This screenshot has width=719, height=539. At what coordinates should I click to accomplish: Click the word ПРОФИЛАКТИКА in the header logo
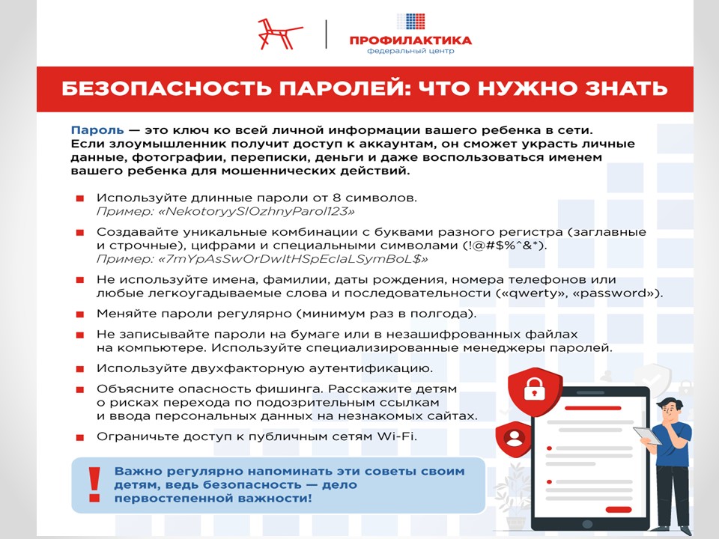(410, 40)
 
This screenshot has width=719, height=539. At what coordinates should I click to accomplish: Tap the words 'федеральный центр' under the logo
(410, 52)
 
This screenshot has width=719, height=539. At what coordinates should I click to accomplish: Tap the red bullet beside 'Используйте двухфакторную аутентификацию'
(79, 370)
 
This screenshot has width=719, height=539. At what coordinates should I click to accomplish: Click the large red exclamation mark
(94, 484)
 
